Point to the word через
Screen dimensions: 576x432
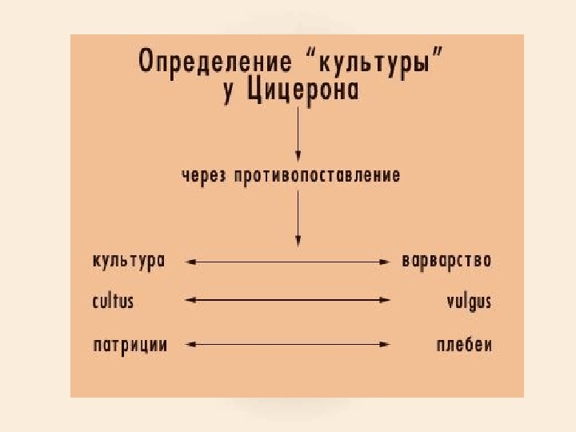tap(203, 174)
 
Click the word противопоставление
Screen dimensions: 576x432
tap(318, 174)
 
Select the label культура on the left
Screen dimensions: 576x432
tap(129, 261)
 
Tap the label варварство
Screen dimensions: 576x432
tap(446, 261)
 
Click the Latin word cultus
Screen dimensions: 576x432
tap(113, 302)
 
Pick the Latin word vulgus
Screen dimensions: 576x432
tap(468, 302)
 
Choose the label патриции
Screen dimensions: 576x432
tap(130, 345)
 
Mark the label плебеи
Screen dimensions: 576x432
tap(464, 345)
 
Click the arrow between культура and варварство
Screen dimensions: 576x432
tap(288, 261)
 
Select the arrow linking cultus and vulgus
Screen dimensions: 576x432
tap(288, 301)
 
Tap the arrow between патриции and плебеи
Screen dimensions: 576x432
tap(288, 345)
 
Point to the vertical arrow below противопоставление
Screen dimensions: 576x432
tap(298, 216)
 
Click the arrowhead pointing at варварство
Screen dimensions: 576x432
tap(386, 261)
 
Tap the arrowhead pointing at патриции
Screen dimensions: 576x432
tap(189, 345)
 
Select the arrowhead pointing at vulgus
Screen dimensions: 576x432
tap(386, 301)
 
